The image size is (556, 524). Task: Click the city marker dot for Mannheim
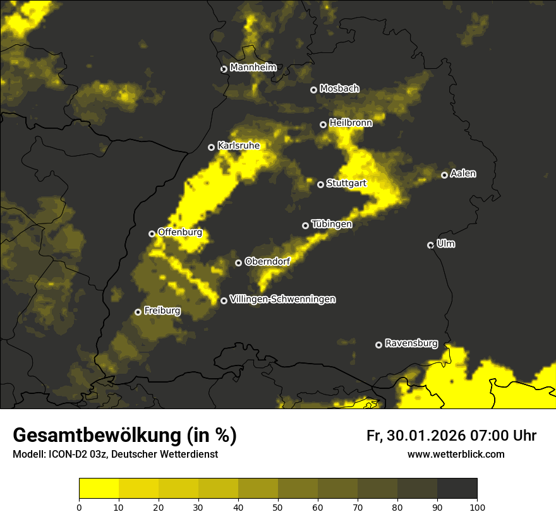pos(224,69)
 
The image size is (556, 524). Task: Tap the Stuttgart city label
pos(346,184)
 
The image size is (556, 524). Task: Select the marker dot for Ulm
pos(430,245)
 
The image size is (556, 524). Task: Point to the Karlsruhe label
pos(238,146)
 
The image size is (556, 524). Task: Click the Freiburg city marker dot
pos(138,312)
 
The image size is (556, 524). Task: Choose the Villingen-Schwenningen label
pos(282,299)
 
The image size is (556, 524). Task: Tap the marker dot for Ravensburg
pos(378,345)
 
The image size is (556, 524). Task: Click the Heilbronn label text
pos(351,123)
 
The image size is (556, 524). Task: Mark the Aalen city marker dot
pos(444,175)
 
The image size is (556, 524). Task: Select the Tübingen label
pos(332,224)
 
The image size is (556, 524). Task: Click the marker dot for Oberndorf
pos(238,263)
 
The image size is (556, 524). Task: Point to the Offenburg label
pos(180,232)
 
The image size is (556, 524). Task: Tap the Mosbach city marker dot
pos(313,90)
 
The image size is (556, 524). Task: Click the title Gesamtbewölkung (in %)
pos(124,436)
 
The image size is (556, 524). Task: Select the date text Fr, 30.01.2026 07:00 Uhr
pos(451,436)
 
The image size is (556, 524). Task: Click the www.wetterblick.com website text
pos(456,454)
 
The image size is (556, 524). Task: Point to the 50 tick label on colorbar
pos(278,507)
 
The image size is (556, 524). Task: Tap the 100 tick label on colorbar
pos(477,507)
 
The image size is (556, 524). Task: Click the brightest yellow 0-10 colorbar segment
pos(99,488)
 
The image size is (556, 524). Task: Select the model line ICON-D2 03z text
pos(115,454)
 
